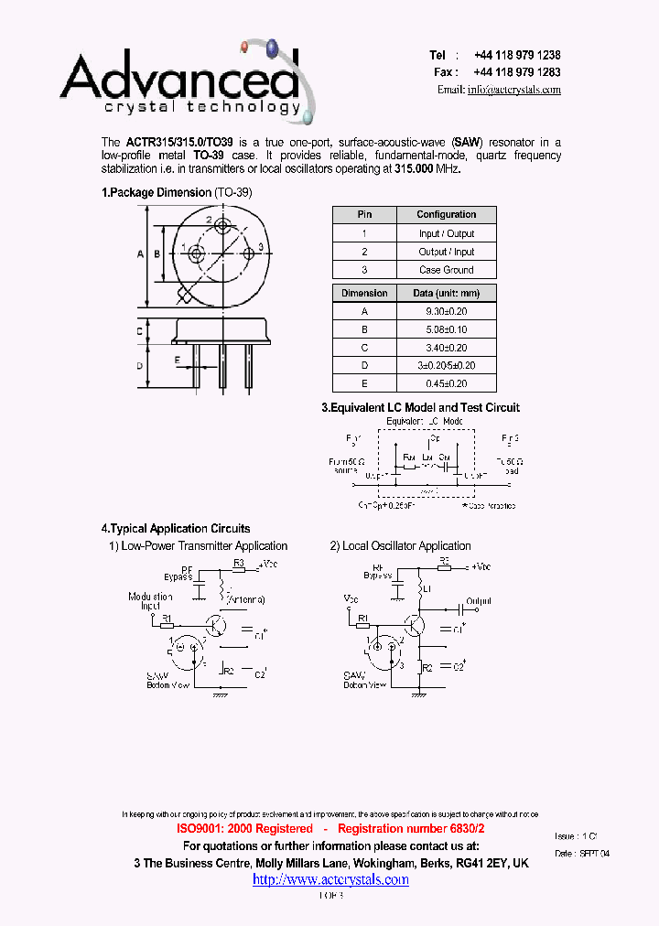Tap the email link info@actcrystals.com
click(x=513, y=90)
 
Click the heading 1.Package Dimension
click(x=157, y=193)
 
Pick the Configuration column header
click(x=447, y=215)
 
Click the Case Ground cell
click(x=447, y=270)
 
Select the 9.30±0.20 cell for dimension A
click(x=447, y=311)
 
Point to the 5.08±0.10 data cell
click(x=447, y=329)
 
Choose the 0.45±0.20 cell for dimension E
click(x=447, y=383)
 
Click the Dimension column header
click(x=364, y=294)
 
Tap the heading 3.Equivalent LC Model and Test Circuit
click(x=420, y=407)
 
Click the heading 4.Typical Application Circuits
click(x=176, y=528)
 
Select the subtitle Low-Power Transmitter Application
click(x=205, y=546)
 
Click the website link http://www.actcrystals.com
click(x=330, y=879)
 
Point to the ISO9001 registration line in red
click(x=330, y=828)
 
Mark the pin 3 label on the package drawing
click(x=260, y=247)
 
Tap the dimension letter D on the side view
click(x=140, y=365)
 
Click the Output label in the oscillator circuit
click(x=479, y=601)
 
